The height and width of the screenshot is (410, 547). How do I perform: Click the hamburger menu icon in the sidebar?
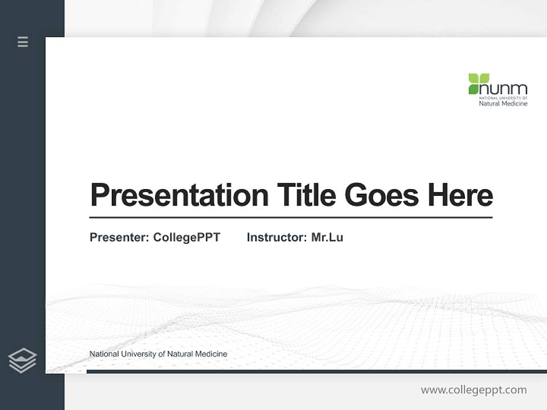tap(23, 42)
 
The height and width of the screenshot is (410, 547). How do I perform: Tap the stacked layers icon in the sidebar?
tap(22, 360)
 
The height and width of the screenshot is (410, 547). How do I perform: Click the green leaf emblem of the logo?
tap(479, 83)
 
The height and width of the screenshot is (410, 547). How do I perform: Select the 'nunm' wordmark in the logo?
tap(504, 89)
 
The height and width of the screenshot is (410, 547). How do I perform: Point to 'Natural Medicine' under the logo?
tap(503, 103)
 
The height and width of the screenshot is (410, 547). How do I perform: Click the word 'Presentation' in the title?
tap(179, 195)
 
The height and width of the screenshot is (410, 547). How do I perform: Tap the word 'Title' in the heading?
tap(307, 195)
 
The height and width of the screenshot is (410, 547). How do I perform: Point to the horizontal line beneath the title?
tap(291, 217)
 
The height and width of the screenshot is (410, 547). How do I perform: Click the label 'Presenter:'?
tap(119, 237)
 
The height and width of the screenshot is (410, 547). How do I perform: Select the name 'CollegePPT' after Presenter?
tap(186, 237)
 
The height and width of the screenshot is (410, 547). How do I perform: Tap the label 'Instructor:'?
tap(276, 237)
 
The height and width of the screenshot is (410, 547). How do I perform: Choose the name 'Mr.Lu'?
tap(327, 237)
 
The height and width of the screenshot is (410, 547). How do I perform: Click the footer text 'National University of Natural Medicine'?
tap(158, 354)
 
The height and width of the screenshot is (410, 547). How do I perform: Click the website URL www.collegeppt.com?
tap(473, 390)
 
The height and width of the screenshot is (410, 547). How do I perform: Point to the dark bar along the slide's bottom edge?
tap(316, 371)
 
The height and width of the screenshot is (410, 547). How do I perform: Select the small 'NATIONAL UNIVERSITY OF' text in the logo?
tap(503, 98)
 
